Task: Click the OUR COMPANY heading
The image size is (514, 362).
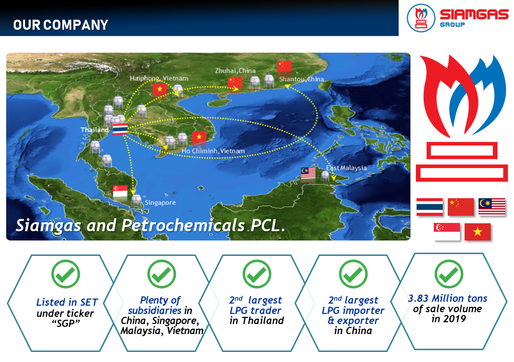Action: click(x=61, y=25)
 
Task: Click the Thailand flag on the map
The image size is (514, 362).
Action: click(x=120, y=129)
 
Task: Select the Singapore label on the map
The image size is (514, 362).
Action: click(x=160, y=203)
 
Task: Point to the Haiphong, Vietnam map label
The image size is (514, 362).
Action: click(x=159, y=78)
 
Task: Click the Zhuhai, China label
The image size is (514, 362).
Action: click(x=235, y=71)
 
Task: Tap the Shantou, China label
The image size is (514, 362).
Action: click(x=301, y=79)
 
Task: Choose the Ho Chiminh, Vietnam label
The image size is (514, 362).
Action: click(x=213, y=151)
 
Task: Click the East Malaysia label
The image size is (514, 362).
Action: click(x=346, y=168)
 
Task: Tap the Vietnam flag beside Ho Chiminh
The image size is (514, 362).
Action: click(x=199, y=137)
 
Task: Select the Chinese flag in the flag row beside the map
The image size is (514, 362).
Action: click(x=461, y=207)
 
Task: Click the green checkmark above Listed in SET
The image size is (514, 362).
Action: click(x=66, y=274)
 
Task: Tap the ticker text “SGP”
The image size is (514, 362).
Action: click(x=66, y=323)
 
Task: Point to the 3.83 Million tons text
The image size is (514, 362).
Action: click(x=447, y=299)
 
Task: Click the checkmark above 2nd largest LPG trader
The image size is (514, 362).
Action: click(x=257, y=274)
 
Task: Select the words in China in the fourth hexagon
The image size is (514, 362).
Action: click(x=353, y=331)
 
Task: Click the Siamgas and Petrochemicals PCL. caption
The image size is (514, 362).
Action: click(x=150, y=225)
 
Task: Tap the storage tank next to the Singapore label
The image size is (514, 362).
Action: click(x=136, y=201)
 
